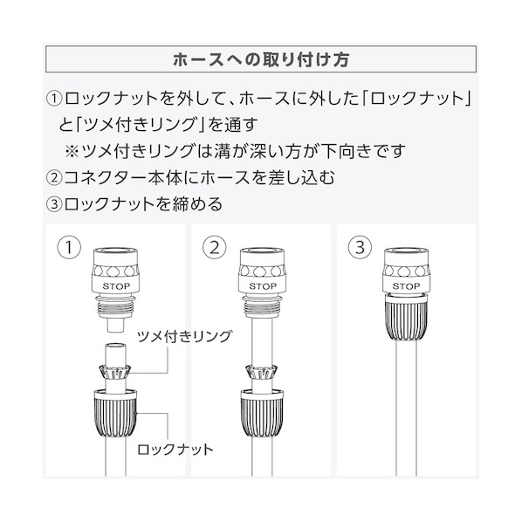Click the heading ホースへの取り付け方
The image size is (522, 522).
(x=261, y=59)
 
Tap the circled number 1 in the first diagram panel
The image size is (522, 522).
(x=69, y=247)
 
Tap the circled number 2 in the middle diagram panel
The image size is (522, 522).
(x=215, y=247)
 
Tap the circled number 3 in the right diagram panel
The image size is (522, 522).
(x=360, y=247)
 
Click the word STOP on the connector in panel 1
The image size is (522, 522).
(x=116, y=286)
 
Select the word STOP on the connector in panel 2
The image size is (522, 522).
(x=263, y=286)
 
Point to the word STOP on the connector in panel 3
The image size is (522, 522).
(x=406, y=286)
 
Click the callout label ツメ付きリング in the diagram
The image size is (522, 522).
(x=184, y=337)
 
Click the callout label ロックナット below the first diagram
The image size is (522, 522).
(x=175, y=450)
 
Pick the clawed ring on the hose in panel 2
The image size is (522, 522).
(x=261, y=372)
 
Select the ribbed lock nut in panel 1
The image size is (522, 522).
(x=116, y=414)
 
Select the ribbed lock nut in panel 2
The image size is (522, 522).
(x=262, y=414)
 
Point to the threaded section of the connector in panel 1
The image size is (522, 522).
(x=116, y=305)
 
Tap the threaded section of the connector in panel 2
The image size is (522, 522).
(x=262, y=305)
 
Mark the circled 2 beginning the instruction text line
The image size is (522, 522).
(x=54, y=177)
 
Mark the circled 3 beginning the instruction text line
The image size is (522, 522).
(x=54, y=204)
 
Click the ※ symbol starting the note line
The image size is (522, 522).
(x=72, y=152)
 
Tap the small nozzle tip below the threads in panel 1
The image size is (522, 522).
(x=116, y=324)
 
